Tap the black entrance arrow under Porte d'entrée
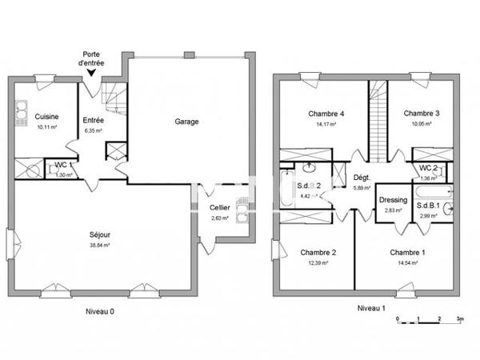coord(94,72)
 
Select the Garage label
coord(187,122)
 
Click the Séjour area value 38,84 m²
coord(100,246)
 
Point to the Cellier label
coord(219,208)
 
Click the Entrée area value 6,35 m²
coord(94,130)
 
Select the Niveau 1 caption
coord(371,307)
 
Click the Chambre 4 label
coord(326,114)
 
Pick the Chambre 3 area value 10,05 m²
coord(422,124)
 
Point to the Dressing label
coord(394,200)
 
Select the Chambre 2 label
coord(318,253)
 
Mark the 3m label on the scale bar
coord(459,318)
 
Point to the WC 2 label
coord(430,168)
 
